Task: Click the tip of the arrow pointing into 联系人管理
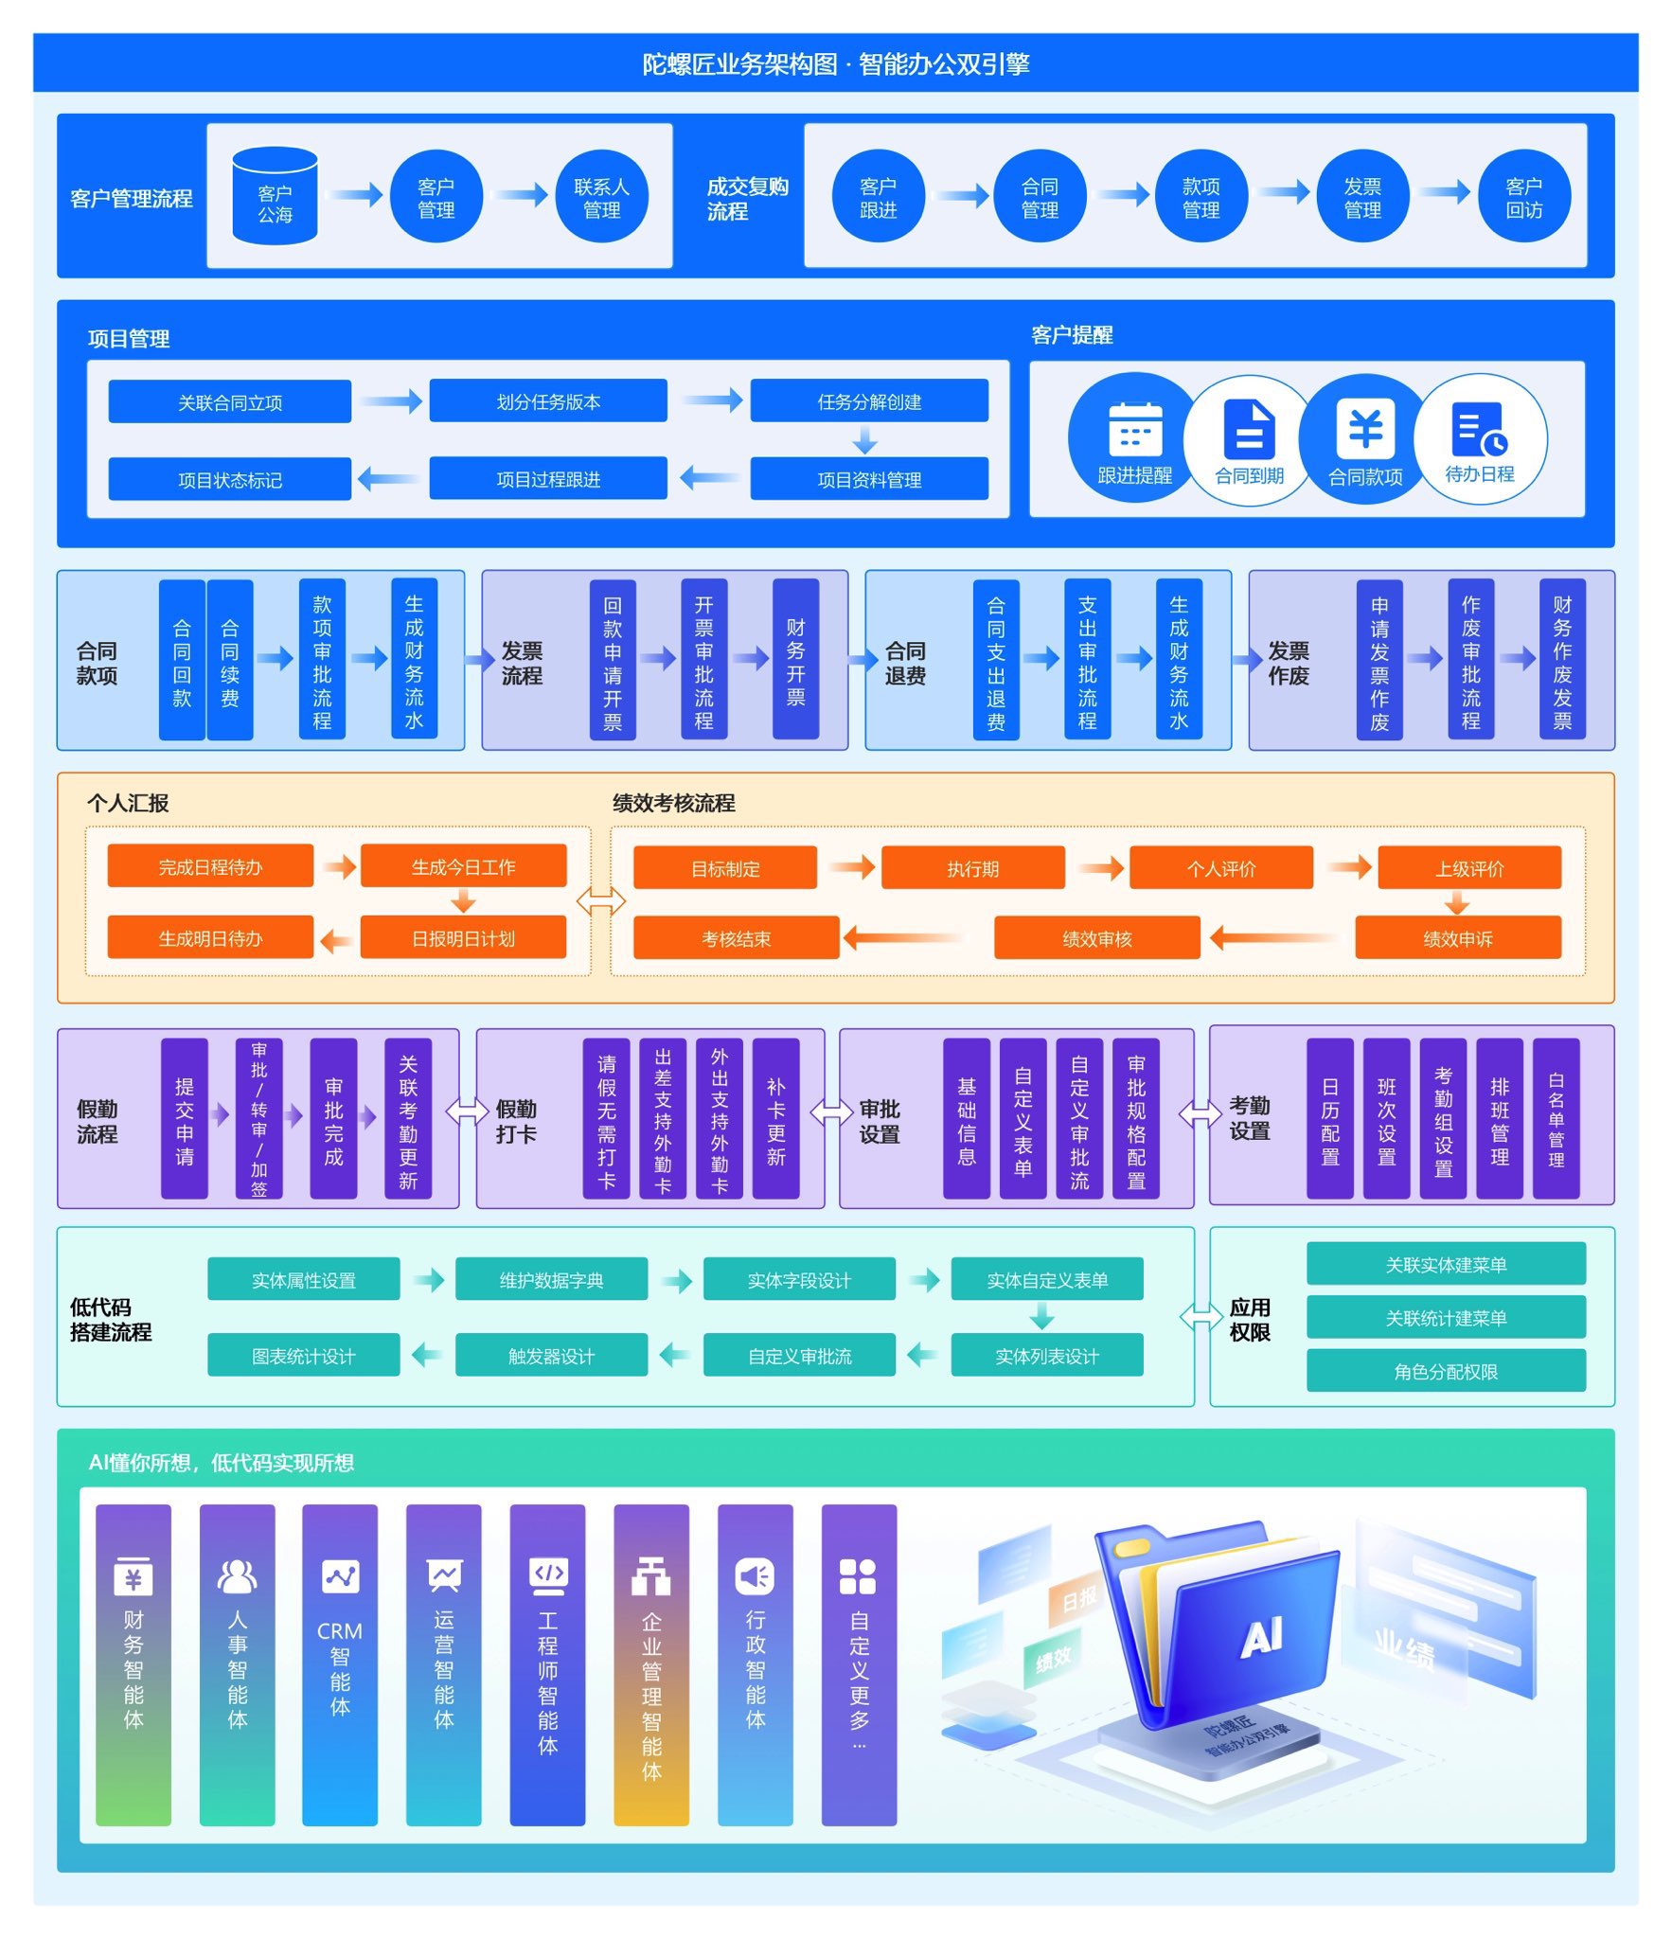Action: coord(548,195)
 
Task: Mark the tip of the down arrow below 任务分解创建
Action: coord(864,454)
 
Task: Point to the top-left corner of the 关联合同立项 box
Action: coord(109,381)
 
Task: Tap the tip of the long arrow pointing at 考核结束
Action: coord(843,938)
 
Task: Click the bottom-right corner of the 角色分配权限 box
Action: coord(1586,1391)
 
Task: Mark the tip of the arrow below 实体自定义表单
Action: coord(1041,1329)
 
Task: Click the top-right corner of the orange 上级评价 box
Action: coord(1561,846)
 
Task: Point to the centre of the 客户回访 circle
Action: coord(1524,196)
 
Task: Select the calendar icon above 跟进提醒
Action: coord(1135,429)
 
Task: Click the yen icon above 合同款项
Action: coord(1365,428)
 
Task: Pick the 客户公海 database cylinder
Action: coord(276,196)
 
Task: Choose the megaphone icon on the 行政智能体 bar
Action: coord(755,1575)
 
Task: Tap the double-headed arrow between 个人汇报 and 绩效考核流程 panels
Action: coord(601,901)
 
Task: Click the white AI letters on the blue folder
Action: coord(1261,1637)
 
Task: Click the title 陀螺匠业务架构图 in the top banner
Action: coord(739,63)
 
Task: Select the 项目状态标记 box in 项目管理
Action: coord(230,479)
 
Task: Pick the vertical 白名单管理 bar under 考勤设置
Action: coord(1556,1118)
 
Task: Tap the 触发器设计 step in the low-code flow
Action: coord(551,1355)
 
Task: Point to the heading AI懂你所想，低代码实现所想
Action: coord(222,1463)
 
